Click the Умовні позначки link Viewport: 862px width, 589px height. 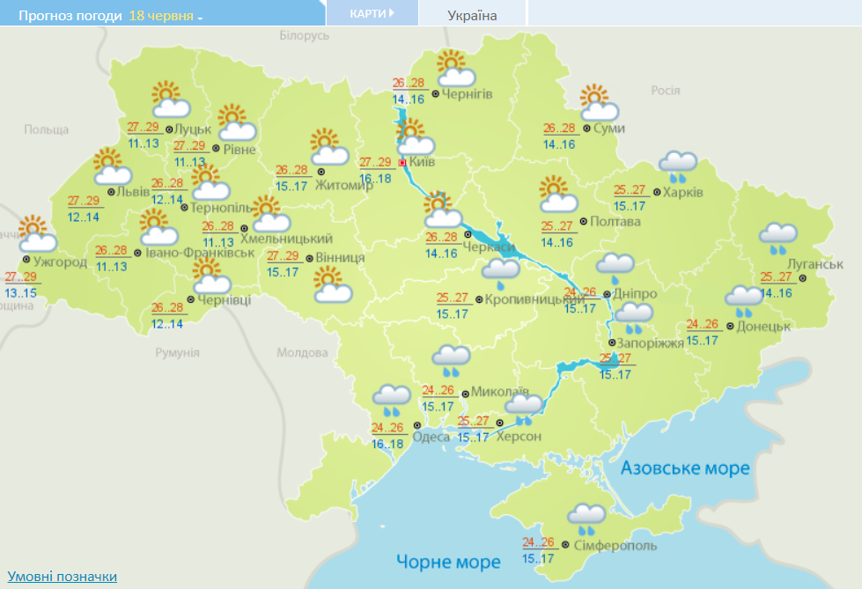[62, 576]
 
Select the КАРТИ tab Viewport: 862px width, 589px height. [371, 14]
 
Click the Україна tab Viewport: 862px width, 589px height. [472, 16]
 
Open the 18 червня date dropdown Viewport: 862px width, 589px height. [166, 16]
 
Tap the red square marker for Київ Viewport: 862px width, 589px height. [402, 163]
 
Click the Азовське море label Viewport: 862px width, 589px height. [685, 468]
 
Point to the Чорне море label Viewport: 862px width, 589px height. [448, 562]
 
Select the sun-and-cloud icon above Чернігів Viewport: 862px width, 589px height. [455, 70]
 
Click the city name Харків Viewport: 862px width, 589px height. [683, 192]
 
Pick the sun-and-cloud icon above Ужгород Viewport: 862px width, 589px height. [37, 234]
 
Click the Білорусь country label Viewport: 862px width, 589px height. [304, 35]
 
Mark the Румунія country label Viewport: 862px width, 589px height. [177, 352]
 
